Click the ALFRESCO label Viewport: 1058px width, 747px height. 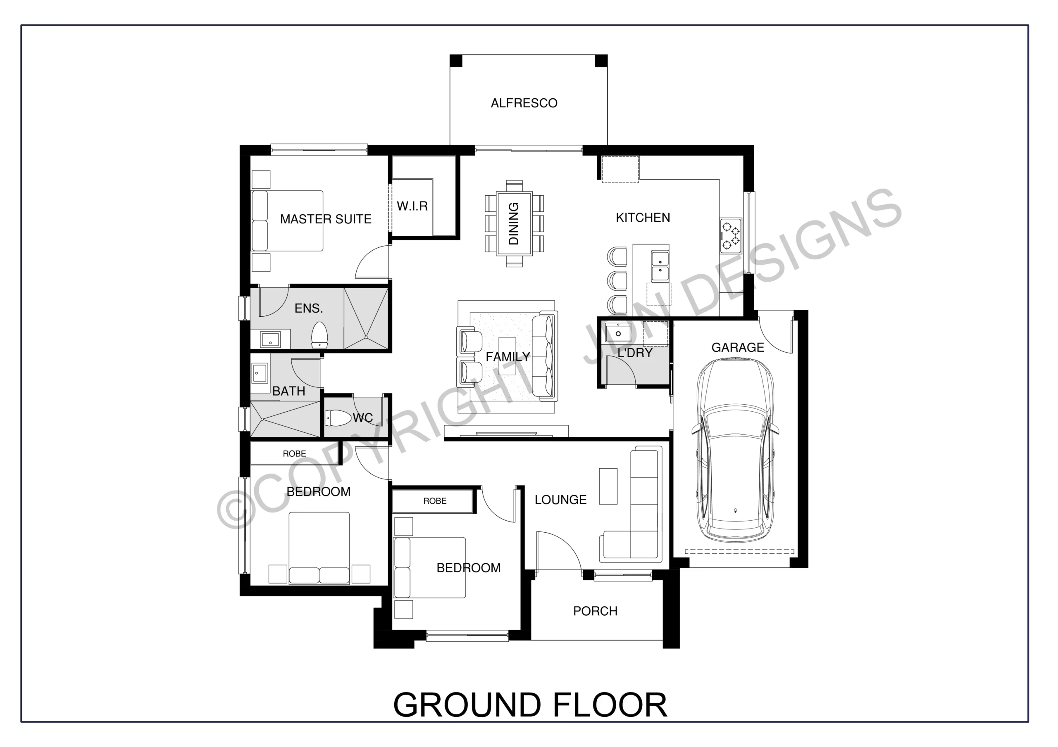(524, 103)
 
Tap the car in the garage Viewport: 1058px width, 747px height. (736, 451)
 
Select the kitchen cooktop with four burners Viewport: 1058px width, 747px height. (731, 235)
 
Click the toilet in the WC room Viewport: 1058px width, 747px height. (338, 418)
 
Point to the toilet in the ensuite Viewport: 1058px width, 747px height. (319, 335)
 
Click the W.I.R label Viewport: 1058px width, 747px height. (412, 206)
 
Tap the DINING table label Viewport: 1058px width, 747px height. (514, 223)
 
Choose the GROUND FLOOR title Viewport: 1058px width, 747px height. (530, 705)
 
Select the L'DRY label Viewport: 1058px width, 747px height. (635, 353)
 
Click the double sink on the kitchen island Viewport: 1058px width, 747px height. (660, 266)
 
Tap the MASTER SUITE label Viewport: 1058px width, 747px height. (326, 219)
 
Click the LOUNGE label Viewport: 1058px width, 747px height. (560, 500)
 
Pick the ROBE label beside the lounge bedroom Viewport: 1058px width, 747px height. (435, 501)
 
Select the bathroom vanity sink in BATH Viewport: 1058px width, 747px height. (260, 373)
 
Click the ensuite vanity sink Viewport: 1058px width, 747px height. (270, 340)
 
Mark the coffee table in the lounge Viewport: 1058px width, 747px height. (608, 486)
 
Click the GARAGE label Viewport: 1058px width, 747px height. (738, 348)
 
